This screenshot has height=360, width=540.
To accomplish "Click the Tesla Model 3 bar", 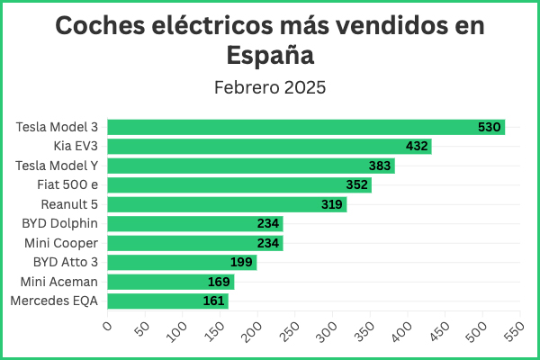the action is [x=306, y=127].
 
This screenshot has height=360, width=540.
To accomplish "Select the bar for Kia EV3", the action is [x=269, y=147].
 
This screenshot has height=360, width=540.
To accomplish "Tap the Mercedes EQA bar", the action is [x=167, y=301].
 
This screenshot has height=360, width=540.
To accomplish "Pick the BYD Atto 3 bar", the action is [x=182, y=263].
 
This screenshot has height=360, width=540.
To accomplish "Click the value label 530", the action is [x=489, y=127].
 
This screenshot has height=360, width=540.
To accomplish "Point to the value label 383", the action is [x=380, y=166].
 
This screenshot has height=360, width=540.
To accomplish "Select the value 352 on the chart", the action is [x=356, y=185].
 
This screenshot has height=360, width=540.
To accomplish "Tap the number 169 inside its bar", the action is [x=219, y=282].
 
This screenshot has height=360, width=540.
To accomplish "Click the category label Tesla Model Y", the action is [x=57, y=166].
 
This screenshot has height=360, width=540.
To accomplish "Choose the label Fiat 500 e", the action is [x=67, y=185].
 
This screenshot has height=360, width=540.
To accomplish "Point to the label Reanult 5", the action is [x=69, y=204].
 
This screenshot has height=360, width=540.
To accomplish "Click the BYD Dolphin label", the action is [x=60, y=223].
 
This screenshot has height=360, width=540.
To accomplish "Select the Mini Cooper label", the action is [x=61, y=243].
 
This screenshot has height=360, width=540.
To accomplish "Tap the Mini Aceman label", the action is [x=59, y=282].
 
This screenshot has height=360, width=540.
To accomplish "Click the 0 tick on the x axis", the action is [x=107, y=326].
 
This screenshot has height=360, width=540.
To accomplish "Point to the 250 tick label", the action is [x=289, y=332].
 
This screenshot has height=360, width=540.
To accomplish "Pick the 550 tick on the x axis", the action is [x=515, y=332].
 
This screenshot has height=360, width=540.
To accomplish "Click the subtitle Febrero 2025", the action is [x=270, y=87].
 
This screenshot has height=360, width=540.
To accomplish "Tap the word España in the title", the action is [x=270, y=55].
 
